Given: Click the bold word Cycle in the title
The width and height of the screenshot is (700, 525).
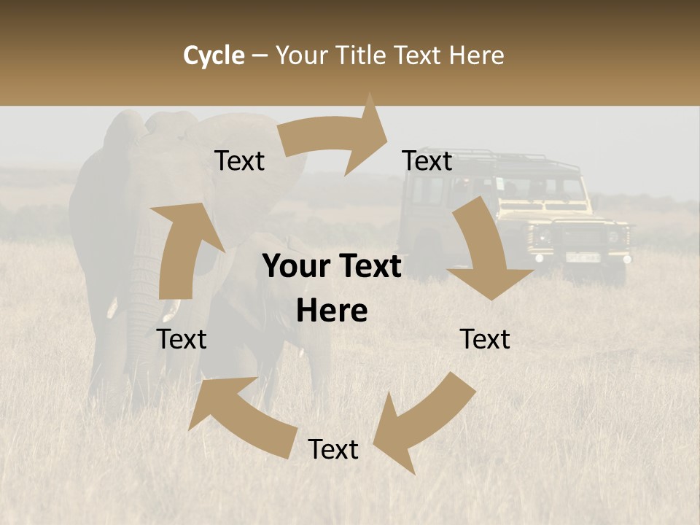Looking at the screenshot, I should pyautogui.click(x=214, y=55).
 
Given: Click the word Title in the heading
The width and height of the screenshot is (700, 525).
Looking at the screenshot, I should pyautogui.click(x=365, y=55).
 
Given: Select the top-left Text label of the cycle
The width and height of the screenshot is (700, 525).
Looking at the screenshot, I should pyautogui.click(x=240, y=160).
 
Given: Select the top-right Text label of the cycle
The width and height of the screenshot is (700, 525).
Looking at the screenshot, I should pyautogui.click(x=427, y=160).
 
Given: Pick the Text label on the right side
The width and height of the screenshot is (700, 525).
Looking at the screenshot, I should pyautogui.click(x=485, y=339).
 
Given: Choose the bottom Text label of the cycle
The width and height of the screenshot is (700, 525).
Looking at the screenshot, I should pyautogui.click(x=333, y=449).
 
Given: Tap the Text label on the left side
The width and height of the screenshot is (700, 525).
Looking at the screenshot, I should pyautogui.click(x=182, y=339).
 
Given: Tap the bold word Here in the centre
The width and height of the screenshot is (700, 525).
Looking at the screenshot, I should pyautogui.click(x=332, y=311).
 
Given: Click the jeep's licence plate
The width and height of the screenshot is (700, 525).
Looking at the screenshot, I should pyautogui.click(x=583, y=257).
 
